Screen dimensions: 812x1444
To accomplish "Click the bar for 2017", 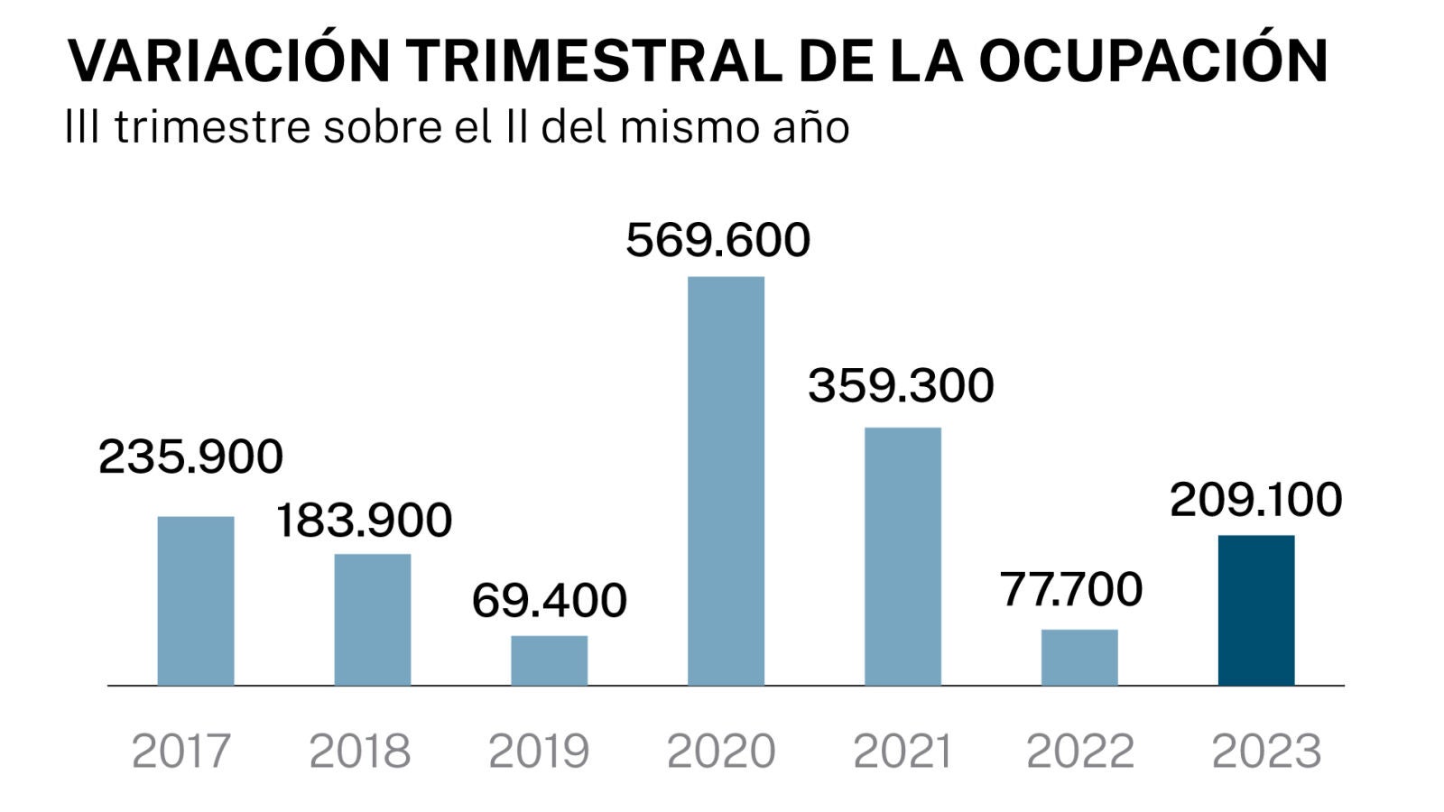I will [x=196, y=601].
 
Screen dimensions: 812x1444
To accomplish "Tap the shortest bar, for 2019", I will [x=550, y=660].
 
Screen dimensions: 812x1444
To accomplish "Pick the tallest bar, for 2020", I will [x=727, y=481].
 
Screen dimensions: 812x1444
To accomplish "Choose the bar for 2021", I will [x=902, y=556].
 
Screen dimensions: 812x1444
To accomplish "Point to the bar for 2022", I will [x=1079, y=657].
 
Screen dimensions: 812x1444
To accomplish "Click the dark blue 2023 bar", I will [x=1256, y=610].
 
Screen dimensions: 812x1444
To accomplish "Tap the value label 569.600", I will [x=718, y=241].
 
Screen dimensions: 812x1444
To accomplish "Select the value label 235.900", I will [x=190, y=457].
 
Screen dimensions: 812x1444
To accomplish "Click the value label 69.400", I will [x=550, y=601].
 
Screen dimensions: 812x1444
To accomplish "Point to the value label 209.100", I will [x=1256, y=500].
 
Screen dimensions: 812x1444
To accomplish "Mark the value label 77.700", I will [x=1071, y=590].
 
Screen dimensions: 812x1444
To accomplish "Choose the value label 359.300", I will [x=901, y=386].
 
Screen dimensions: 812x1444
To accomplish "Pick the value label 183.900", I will [x=364, y=521].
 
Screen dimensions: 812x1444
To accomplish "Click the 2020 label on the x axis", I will [x=721, y=751].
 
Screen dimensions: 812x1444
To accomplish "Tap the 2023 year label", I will [x=1266, y=751].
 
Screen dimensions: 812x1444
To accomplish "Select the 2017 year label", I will [x=181, y=751].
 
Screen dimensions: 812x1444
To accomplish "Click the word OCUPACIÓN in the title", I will [x=1153, y=60].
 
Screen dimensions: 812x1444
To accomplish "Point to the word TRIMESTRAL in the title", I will [x=594, y=60].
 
